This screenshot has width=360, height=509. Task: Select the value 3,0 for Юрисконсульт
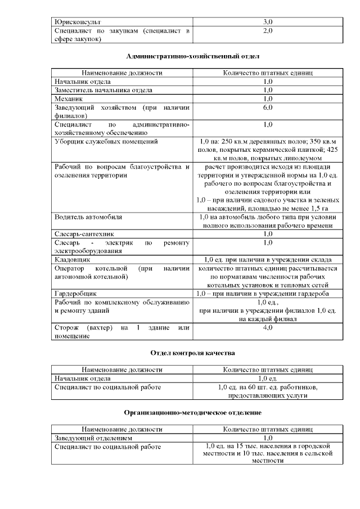[x=268, y=21]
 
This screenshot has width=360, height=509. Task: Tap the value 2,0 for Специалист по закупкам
[x=268, y=30]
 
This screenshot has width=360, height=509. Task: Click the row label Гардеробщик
[x=76, y=294]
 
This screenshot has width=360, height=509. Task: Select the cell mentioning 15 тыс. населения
[x=268, y=453]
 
